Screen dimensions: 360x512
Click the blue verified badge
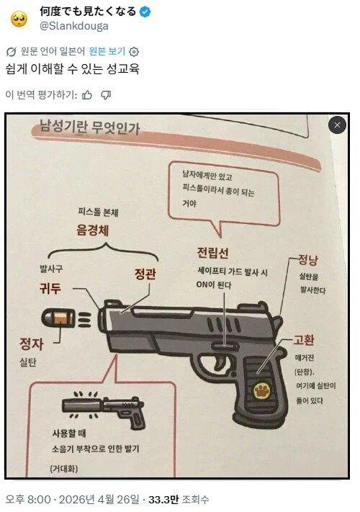click(145, 12)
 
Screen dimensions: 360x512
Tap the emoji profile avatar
click(19, 19)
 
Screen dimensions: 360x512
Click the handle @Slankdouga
click(73, 26)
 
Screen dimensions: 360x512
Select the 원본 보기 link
click(107, 51)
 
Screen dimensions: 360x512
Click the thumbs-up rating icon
click(87, 95)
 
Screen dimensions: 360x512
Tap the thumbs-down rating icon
click(106, 95)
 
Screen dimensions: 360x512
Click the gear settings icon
click(134, 52)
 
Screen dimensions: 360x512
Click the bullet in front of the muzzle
click(58, 318)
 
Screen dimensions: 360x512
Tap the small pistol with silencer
click(104, 409)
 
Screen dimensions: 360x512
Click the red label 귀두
click(50, 289)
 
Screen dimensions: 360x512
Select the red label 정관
click(145, 274)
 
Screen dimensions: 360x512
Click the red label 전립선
click(213, 253)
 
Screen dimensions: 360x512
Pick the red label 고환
click(304, 340)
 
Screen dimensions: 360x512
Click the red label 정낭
click(308, 260)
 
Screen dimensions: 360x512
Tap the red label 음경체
click(93, 230)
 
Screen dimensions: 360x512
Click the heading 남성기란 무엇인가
click(89, 127)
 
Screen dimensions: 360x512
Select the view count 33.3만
click(164, 499)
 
